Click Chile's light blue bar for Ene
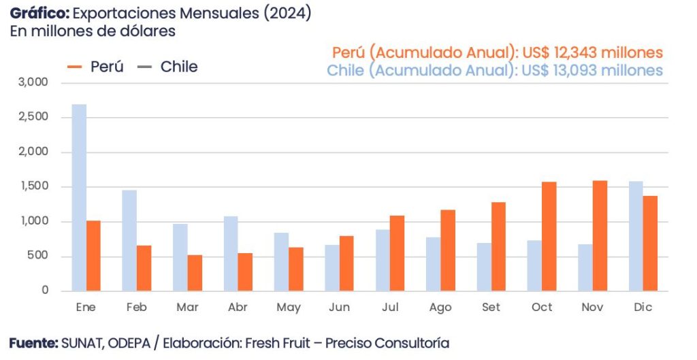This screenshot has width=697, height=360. coord(79,197)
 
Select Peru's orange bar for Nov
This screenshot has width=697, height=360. coord(600,235)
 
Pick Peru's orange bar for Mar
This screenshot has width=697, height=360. coord(195,273)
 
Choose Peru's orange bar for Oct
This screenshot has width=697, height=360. coord(549,236)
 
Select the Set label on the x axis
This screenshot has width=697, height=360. coord(491,308)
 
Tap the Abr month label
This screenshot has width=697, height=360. coord(238,308)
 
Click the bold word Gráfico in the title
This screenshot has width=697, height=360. coord(38,14)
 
